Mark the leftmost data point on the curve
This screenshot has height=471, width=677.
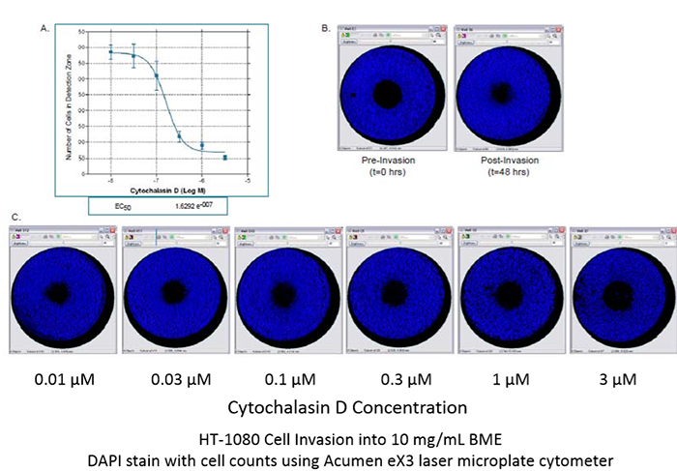coord(111,52)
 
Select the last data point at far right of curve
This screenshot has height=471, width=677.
coord(225,157)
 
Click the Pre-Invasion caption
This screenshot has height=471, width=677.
coord(388,161)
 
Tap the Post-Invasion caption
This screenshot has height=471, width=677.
coord(502,161)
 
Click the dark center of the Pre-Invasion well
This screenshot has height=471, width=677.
coord(388,94)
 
